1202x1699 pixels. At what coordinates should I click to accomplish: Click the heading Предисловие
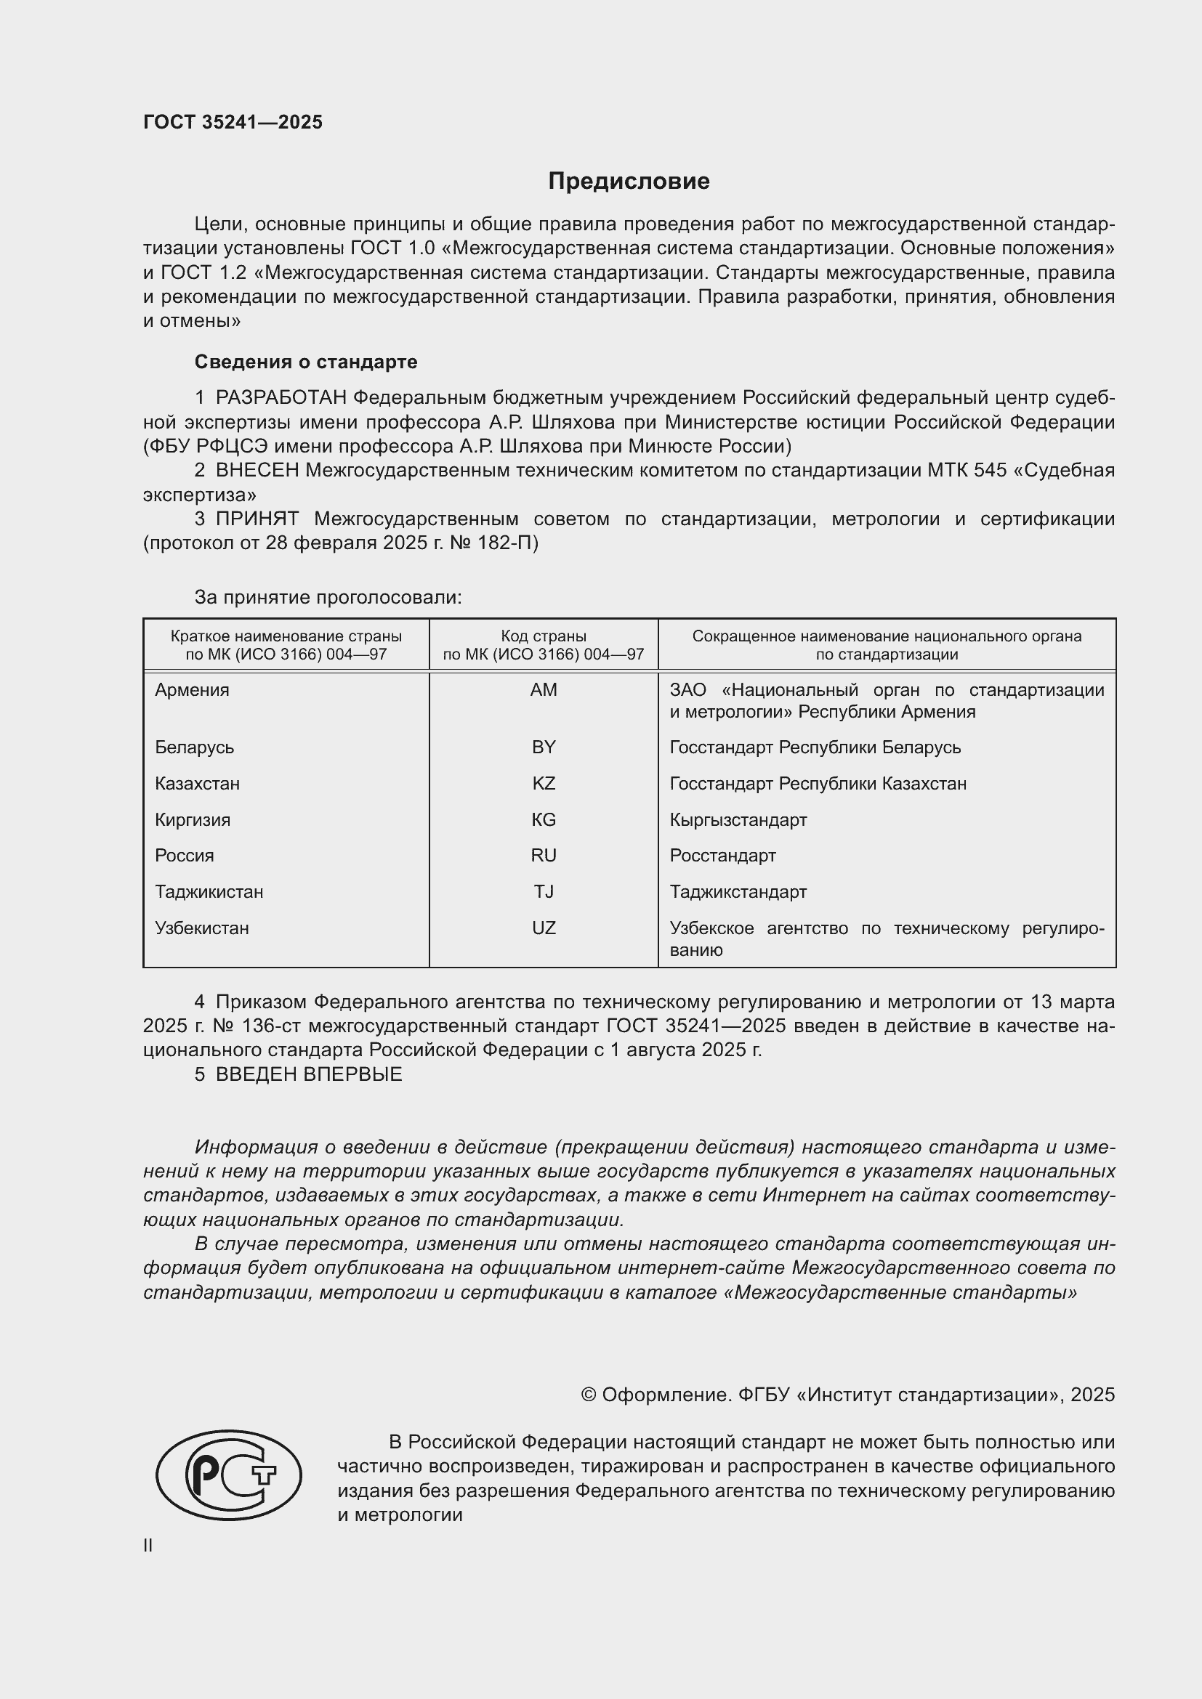(x=629, y=182)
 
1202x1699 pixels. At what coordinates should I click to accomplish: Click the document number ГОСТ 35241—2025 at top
(x=233, y=122)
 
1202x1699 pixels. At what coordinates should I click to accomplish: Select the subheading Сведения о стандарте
(x=306, y=362)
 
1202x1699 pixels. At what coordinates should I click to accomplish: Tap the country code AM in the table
(x=544, y=689)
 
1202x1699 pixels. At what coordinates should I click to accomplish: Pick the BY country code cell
(x=544, y=747)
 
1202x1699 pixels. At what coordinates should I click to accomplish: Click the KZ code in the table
(x=544, y=783)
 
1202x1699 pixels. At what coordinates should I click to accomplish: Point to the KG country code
(x=544, y=819)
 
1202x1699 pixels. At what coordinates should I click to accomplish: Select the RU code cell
(x=544, y=855)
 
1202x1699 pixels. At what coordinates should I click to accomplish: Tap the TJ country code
(x=544, y=891)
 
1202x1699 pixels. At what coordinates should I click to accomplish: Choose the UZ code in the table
(x=544, y=927)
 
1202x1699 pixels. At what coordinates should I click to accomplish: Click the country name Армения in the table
(x=193, y=689)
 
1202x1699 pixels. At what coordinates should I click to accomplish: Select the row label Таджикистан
(x=209, y=891)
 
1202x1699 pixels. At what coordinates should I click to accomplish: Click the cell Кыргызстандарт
(x=738, y=819)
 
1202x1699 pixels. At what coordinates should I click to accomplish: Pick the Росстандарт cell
(x=722, y=855)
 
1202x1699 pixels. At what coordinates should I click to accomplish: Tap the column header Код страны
(x=544, y=636)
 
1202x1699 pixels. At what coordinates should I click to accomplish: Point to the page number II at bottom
(x=148, y=1545)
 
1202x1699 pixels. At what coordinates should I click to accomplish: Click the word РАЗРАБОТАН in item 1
(x=281, y=397)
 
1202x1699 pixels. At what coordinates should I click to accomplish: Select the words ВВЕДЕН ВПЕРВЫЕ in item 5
(x=309, y=1074)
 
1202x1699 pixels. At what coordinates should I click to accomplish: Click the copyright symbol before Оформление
(x=589, y=1395)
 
